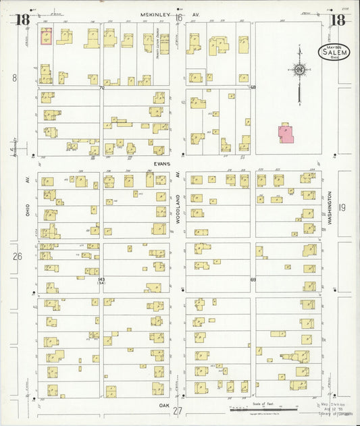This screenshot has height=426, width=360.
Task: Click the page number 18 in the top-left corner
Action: (x=23, y=19)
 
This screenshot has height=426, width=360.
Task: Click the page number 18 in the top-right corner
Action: (x=337, y=19)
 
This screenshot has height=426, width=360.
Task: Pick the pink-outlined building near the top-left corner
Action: (x=47, y=36)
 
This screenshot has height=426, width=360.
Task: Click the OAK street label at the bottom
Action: (x=163, y=405)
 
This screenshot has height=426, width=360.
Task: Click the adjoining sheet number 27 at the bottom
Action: (x=178, y=411)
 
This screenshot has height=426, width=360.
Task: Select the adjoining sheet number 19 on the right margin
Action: (x=342, y=207)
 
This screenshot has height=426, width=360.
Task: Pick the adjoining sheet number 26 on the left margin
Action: (x=17, y=256)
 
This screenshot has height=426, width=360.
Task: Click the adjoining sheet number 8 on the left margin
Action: (x=14, y=78)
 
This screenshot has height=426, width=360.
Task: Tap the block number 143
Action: (x=102, y=279)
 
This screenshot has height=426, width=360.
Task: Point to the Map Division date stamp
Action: (x=334, y=409)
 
